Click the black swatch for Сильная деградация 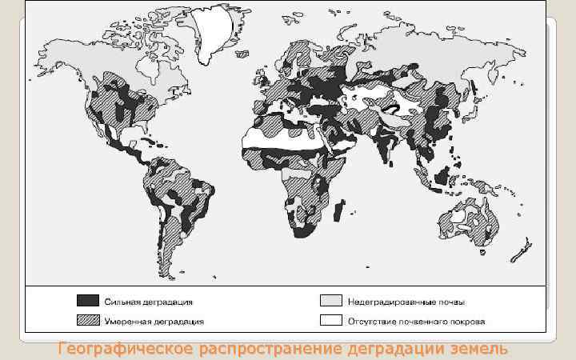click(x=87, y=302)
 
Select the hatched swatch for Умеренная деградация click(x=87, y=322)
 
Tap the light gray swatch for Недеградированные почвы click(x=330, y=302)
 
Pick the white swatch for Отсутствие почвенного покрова click(x=330, y=322)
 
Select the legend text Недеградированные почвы click(x=406, y=302)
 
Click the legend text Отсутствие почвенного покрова click(x=415, y=322)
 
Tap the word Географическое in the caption click(x=126, y=349)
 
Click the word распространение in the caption click(x=270, y=349)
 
